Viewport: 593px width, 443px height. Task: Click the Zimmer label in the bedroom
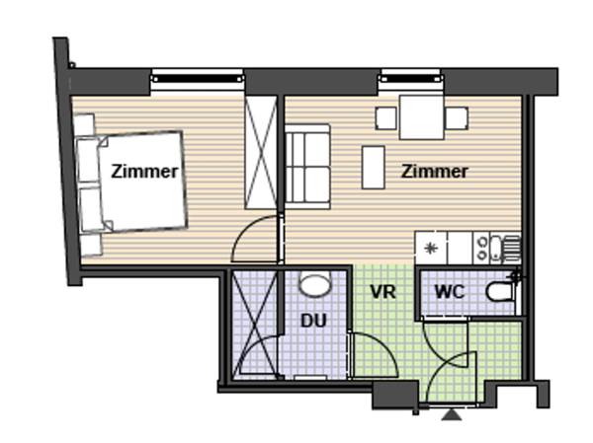click(144, 172)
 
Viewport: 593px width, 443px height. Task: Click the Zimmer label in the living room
click(434, 171)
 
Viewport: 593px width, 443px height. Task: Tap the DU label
click(313, 321)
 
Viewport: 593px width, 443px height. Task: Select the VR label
click(382, 292)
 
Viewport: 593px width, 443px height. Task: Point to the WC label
click(450, 292)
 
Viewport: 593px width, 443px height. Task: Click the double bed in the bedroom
click(132, 182)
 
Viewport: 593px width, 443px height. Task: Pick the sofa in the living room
click(307, 167)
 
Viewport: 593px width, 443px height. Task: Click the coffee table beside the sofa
click(374, 168)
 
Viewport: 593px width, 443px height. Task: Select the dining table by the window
click(421, 117)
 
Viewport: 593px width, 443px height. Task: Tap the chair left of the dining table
click(385, 118)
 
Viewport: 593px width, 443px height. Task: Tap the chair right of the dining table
click(457, 118)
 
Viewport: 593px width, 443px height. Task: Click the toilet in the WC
click(501, 292)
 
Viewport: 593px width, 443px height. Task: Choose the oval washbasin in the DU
click(314, 284)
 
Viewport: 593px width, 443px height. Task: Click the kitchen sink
click(505, 248)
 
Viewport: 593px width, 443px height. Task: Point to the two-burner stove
click(481, 248)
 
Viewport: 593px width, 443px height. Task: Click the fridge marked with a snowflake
click(431, 248)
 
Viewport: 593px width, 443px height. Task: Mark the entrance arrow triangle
click(452, 414)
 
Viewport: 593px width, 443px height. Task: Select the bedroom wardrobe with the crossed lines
click(261, 153)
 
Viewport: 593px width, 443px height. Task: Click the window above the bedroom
click(197, 79)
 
